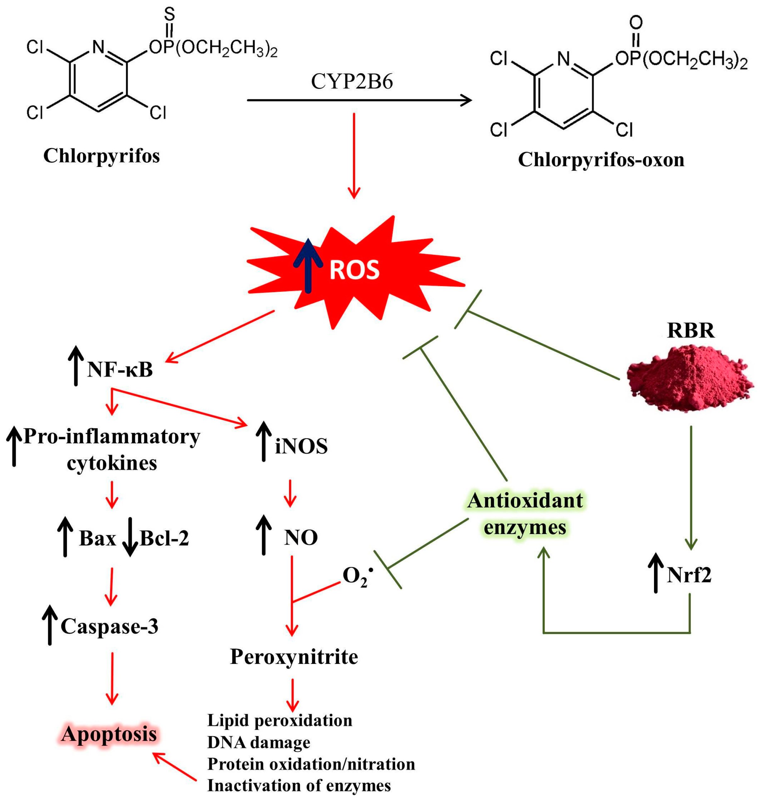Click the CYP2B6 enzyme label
352,81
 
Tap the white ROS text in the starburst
354,270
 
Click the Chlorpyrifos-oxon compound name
601,159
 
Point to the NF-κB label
120,369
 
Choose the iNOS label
301,447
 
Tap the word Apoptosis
109,734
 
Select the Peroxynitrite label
294,657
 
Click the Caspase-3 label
109,626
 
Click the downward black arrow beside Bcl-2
130,536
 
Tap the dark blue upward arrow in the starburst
308,266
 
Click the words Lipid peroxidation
279,720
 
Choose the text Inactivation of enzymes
299,786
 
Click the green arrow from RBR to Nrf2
691,487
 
